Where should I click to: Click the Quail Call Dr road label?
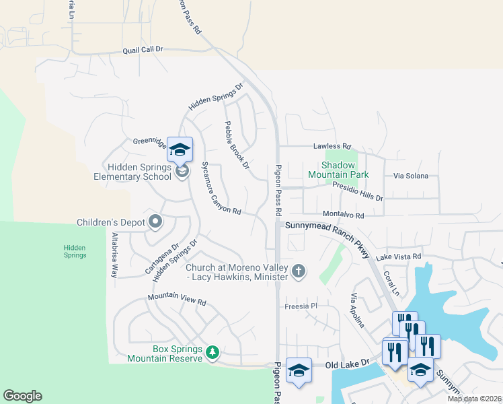tap(143, 50)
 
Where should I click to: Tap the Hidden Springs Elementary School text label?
tap(139, 172)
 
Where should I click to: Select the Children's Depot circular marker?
tap(156, 221)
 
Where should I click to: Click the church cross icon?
tap(299, 271)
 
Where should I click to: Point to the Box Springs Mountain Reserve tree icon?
tap(212, 352)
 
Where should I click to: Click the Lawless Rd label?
tap(332, 146)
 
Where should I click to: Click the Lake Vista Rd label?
tap(399, 257)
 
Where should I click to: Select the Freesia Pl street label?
tap(301, 306)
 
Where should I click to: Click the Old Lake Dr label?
tap(348, 364)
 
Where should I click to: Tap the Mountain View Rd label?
tap(177, 300)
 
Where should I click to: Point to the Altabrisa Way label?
tap(114, 255)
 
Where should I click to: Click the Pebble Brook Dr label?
tap(237, 145)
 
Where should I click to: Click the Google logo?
tap(22, 396)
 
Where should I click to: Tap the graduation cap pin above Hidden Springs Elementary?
tap(180, 149)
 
